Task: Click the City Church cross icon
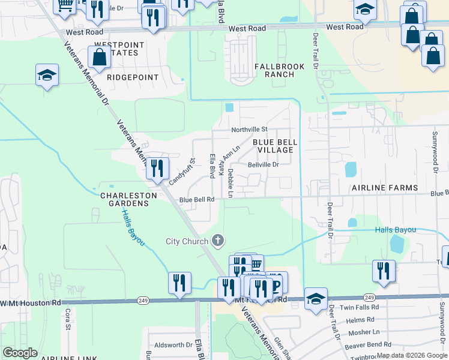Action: [x=218, y=241]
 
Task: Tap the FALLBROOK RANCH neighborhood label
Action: [x=274, y=70]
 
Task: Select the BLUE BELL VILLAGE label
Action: [x=274, y=146]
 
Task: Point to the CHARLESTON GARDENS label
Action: [x=124, y=200]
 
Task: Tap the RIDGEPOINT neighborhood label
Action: [x=133, y=77]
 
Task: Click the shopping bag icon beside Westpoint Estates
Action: [x=99, y=58]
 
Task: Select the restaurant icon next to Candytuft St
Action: [x=157, y=168]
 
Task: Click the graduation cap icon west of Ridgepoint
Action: [x=47, y=76]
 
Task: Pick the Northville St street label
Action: [x=249, y=130]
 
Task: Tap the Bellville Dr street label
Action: [x=264, y=164]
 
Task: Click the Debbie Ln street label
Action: [x=230, y=183]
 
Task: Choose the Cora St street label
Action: [x=68, y=320]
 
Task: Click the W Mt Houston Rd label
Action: [x=31, y=303]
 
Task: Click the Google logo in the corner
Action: [x=20, y=352]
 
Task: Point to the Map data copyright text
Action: [x=411, y=355]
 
